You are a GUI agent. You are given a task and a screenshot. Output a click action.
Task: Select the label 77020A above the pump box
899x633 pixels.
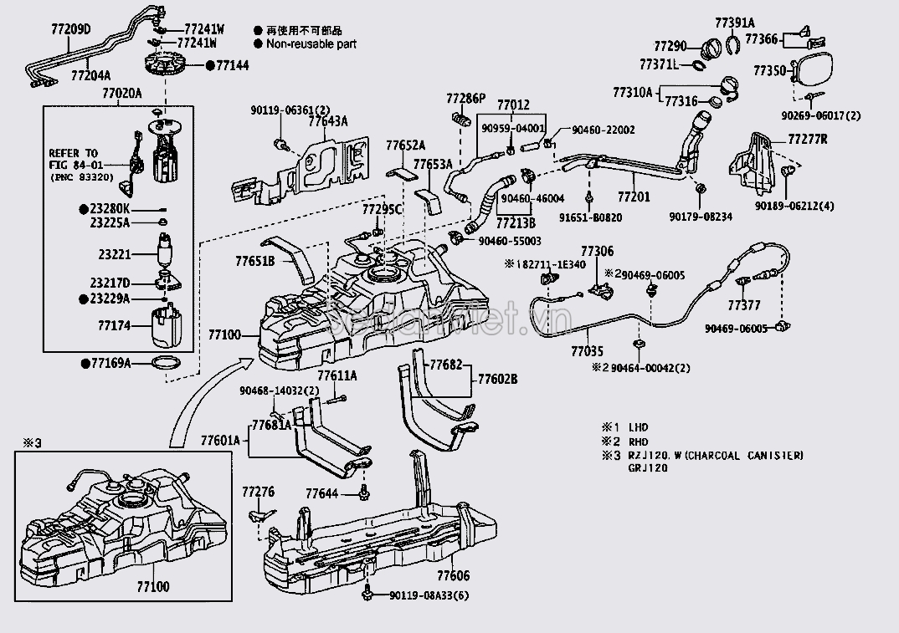(121, 93)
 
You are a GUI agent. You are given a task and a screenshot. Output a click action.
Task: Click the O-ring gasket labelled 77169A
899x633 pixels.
(167, 362)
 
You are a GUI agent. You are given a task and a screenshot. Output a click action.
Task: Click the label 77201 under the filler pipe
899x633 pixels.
(634, 197)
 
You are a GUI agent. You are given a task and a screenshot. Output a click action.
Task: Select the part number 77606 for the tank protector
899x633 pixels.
(453, 576)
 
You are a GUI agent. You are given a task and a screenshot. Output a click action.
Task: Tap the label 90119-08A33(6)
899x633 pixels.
(429, 595)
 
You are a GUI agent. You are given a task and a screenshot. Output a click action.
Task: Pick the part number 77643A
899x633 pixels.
(327, 122)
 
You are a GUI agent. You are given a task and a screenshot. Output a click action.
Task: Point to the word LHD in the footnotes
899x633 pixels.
(639, 427)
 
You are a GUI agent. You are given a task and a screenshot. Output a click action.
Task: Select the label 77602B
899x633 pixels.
(497, 379)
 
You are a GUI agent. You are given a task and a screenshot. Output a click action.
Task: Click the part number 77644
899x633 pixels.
(321, 493)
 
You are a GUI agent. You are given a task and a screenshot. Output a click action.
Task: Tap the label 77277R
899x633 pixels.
(807, 139)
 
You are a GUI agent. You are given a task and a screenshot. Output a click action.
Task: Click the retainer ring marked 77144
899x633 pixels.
(166, 64)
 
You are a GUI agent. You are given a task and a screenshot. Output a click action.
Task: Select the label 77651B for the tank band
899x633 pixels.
(255, 260)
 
